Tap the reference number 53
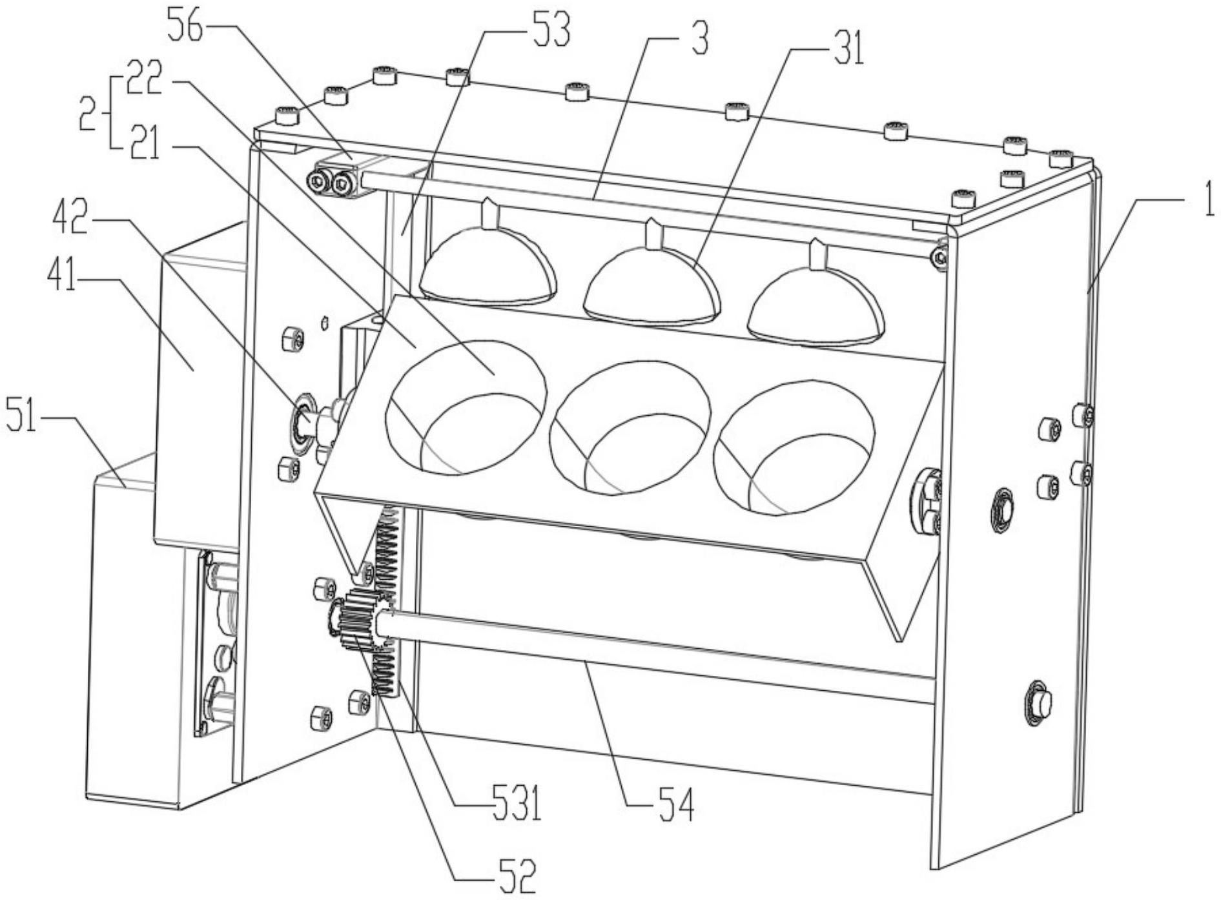click(549, 29)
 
